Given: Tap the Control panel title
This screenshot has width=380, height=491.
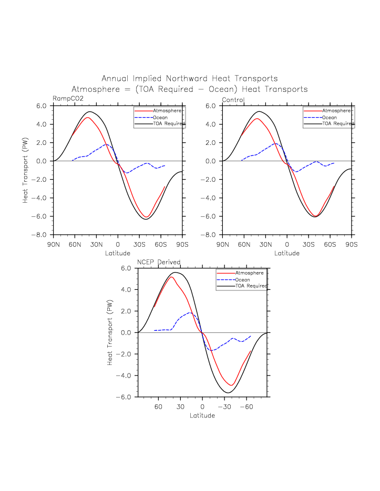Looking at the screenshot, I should pos(233,99).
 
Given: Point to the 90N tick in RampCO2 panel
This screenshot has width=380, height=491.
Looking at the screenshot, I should pos(53,245).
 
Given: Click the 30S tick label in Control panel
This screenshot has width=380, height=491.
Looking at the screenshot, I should pos(309,245).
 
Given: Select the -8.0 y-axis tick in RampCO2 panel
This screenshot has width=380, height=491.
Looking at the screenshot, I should pos(42,235).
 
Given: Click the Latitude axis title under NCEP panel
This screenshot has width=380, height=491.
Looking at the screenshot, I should pos(202,415).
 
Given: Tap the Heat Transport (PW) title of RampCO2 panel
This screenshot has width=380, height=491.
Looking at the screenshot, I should pos(25,170).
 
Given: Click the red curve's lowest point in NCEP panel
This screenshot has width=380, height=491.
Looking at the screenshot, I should pos(232,385).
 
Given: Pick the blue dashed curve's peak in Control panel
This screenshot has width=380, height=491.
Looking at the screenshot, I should pos(275,143).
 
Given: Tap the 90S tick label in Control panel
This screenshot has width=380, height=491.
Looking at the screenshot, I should pos(351,245).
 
